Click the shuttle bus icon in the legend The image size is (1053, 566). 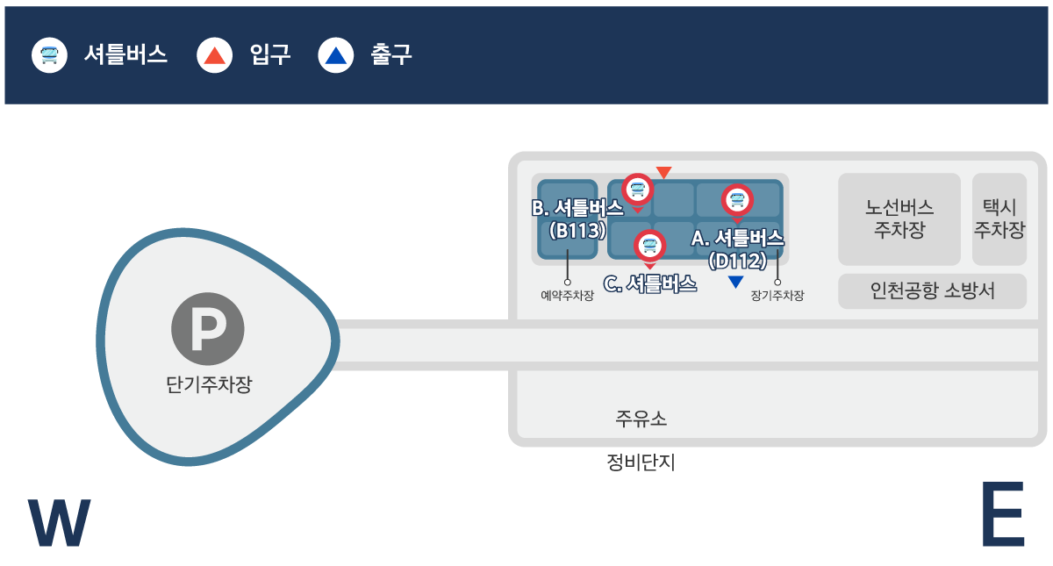pos(50,55)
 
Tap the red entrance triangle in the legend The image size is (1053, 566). pos(215,55)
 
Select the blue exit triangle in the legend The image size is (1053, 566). pos(336,55)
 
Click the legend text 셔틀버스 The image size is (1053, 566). pos(125,55)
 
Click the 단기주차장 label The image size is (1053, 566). pos(208,384)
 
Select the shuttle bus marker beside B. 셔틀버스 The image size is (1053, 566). pos(638,189)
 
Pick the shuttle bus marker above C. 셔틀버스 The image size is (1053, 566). pos(649,245)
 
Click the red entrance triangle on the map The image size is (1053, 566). pos(664,172)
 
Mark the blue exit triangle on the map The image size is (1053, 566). pos(735,282)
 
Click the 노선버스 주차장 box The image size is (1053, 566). pos(899,219)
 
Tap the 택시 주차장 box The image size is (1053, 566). pos(999,219)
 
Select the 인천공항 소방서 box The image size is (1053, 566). pos(932,291)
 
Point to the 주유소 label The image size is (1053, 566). pos(641,419)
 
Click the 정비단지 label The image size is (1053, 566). pos(641,462)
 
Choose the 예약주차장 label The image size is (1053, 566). pos(567,296)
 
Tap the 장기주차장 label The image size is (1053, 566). pos(777,296)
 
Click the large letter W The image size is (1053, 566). pos(60,523)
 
